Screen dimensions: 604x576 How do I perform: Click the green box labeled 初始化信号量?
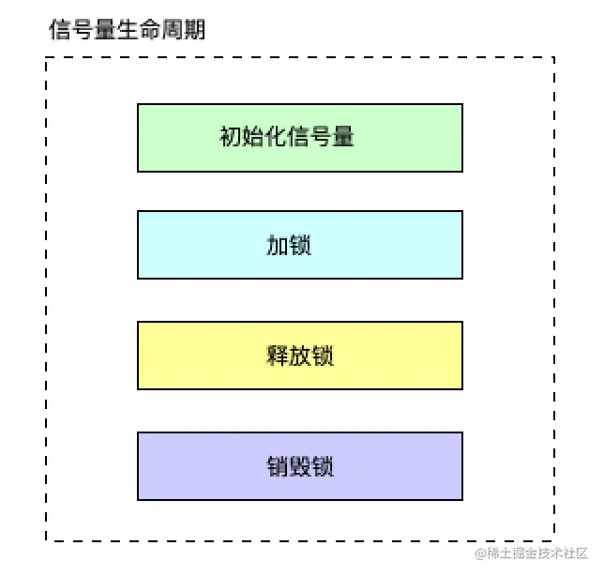pyautogui.click(x=300, y=138)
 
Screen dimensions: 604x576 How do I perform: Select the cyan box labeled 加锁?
pyautogui.click(x=300, y=245)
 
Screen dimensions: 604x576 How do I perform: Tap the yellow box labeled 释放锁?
pyautogui.click(x=300, y=356)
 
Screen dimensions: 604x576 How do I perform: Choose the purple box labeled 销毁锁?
pyautogui.click(x=300, y=466)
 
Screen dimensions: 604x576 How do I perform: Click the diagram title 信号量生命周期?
pyautogui.click(x=127, y=29)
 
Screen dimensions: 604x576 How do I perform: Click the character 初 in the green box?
pyautogui.click(x=231, y=138)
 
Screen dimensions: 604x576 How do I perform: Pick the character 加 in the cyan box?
pyautogui.click(x=278, y=246)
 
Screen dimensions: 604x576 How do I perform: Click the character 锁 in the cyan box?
pyautogui.click(x=300, y=246)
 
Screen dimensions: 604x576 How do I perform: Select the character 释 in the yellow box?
pyautogui.click(x=278, y=356)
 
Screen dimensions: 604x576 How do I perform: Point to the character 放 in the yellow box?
pyautogui.click(x=300, y=356)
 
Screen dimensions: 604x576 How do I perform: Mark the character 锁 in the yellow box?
pyautogui.click(x=324, y=356)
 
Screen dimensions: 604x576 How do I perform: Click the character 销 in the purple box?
pyautogui.click(x=278, y=466)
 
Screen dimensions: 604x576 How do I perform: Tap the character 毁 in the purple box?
pyautogui.click(x=300, y=466)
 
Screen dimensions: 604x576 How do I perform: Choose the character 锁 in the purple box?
pyautogui.click(x=324, y=466)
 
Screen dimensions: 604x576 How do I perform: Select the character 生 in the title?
pyautogui.click(x=128, y=29)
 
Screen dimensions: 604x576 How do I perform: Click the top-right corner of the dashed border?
pyautogui.click(x=554, y=57)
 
